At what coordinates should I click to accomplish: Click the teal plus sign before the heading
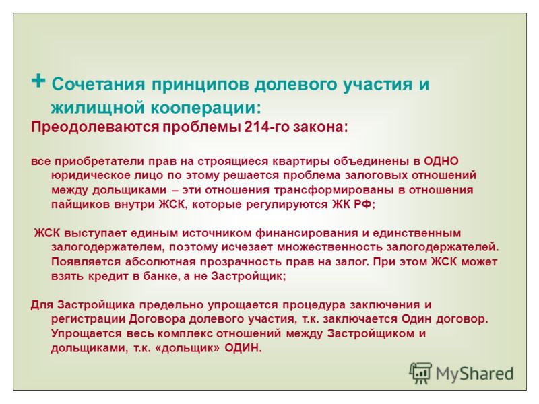(38, 81)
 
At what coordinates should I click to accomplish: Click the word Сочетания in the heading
(98, 84)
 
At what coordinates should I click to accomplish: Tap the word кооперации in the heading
(205, 108)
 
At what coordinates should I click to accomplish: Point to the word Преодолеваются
(95, 127)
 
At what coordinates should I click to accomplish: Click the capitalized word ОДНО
(441, 161)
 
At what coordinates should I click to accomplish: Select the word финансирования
(305, 233)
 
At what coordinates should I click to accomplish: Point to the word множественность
(329, 247)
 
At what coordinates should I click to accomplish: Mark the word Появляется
(86, 262)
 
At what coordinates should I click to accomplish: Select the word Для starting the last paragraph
(42, 305)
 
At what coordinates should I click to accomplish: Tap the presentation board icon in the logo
(420, 373)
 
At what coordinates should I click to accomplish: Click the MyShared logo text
(475, 374)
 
